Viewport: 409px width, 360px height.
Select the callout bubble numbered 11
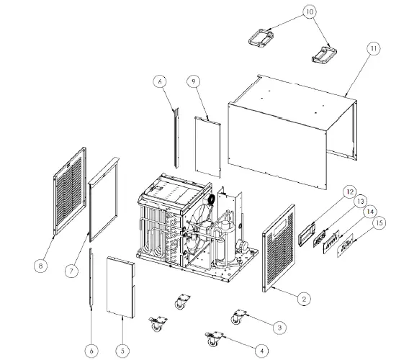pos(372,49)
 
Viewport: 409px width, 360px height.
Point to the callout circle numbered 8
pos(40,265)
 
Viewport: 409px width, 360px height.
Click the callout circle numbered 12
pos(349,192)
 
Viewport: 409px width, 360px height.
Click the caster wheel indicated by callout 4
pos(214,338)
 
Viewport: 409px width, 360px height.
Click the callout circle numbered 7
pos(71,271)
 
